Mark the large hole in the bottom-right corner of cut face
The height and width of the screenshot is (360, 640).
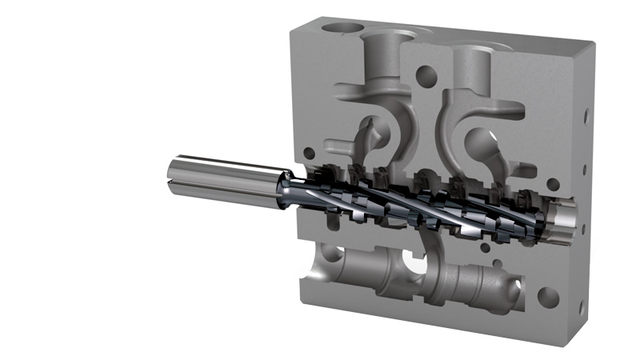tap(549, 298)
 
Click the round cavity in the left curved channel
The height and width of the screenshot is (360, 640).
tap(373, 131)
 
